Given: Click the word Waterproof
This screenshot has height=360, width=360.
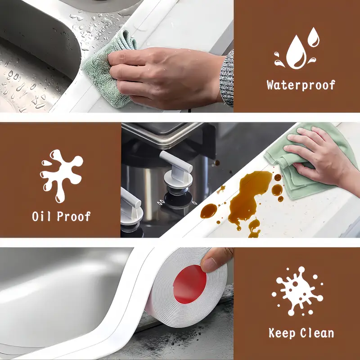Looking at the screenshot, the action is [301, 85].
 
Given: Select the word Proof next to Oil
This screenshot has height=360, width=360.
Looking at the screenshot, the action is [74, 216].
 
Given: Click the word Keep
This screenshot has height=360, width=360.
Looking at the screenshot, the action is [282, 333].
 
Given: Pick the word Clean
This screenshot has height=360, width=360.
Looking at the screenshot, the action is [317, 333].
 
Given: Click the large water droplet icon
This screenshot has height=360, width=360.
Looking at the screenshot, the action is [296, 52].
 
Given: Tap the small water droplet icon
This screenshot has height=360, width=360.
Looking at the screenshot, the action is [313, 37].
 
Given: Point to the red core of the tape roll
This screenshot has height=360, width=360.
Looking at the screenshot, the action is [189, 284].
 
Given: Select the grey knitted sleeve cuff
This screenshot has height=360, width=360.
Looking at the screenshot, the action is [227, 78].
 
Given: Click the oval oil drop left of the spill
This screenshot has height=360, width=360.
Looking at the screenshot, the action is [208, 211].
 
